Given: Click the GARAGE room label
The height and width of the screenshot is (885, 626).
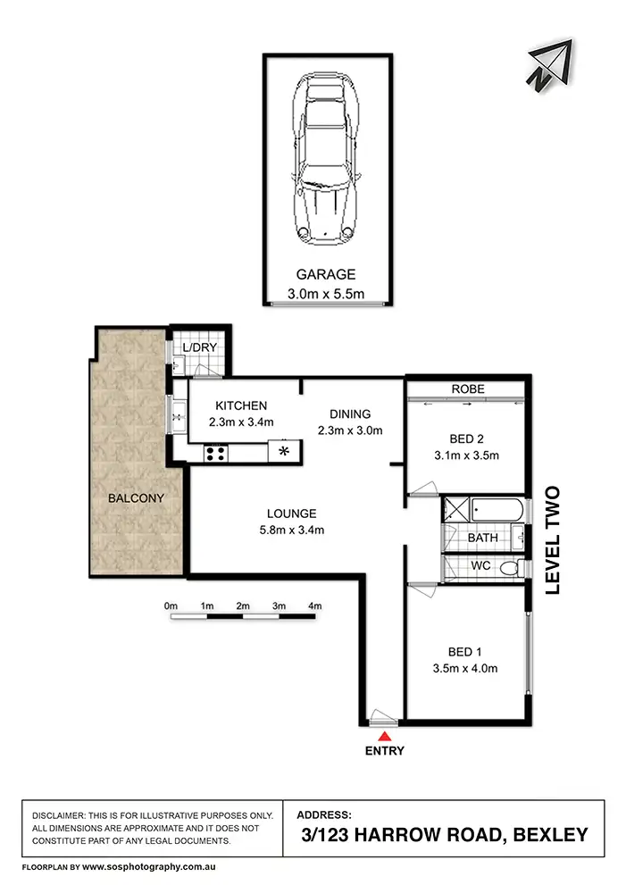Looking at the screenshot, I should point(327,275).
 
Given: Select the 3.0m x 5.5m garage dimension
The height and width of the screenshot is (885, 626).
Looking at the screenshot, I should point(327,293).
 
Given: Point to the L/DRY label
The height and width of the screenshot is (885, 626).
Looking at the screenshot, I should point(200,347).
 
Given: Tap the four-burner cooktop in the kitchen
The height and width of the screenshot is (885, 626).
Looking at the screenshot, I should point(216,453).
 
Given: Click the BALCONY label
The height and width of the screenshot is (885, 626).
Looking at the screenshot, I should point(138,498).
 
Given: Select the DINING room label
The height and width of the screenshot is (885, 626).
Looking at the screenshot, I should point(349,414).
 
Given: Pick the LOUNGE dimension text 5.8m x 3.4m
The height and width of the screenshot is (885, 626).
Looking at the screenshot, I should point(292,530).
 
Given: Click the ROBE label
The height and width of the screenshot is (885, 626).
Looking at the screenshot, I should point(467,389).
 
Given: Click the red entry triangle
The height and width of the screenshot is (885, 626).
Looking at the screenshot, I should point(384,736).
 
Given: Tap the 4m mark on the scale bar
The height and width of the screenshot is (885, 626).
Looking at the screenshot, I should point(314,606).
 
